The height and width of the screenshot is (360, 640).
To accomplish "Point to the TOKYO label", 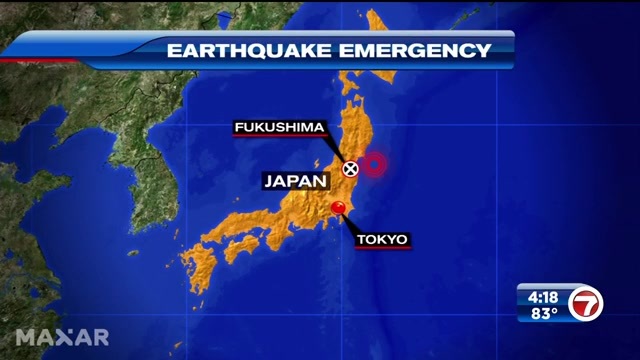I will coord(382,239).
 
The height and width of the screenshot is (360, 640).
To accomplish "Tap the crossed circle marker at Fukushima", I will coord(350,168).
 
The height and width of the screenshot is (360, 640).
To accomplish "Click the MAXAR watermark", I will coord(61,335).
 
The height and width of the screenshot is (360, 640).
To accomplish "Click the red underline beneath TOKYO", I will coord(382,248).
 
